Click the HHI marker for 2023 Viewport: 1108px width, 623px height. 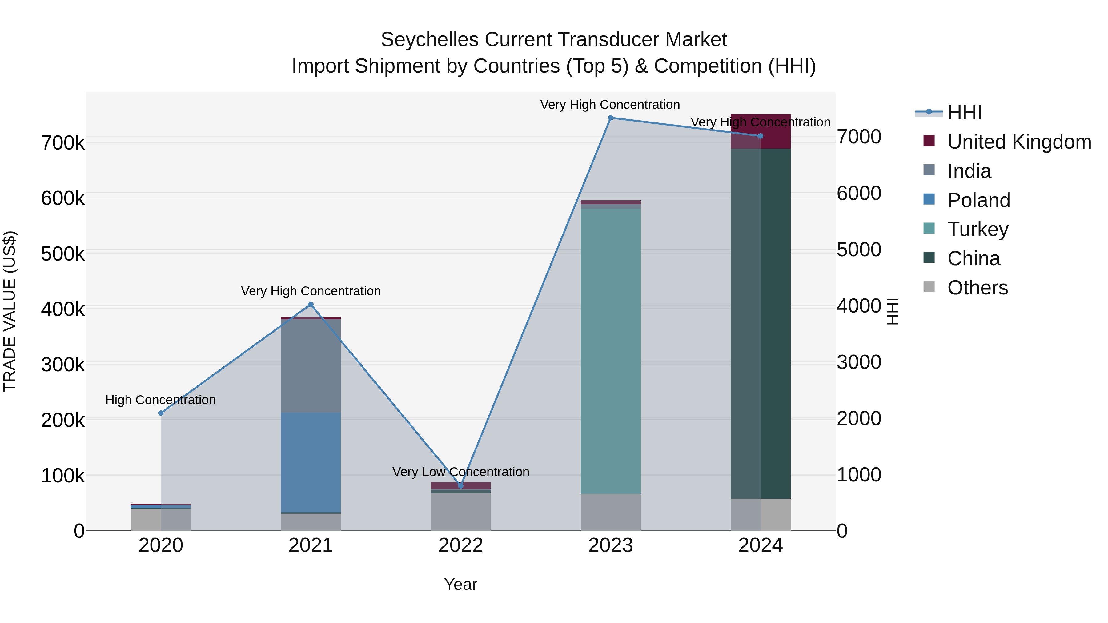click(x=610, y=118)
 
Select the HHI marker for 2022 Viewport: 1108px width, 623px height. click(x=461, y=485)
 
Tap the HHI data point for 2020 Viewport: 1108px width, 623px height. click(x=161, y=413)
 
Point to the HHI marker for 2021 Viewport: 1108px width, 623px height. click(x=311, y=305)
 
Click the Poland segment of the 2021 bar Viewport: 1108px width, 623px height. click(x=311, y=462)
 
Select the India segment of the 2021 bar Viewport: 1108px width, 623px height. click(x=311, y=365)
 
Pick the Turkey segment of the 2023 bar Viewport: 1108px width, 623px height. click(x=610, y=350)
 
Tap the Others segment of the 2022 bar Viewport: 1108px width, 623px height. click(x=461, y=512)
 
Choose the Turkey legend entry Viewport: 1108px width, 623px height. click(x=978, y=229)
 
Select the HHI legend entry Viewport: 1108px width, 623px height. click(x=964, y=113)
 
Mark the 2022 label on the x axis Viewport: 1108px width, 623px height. click(x=461, y=545)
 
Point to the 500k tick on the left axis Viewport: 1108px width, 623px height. click(x=63, y=254)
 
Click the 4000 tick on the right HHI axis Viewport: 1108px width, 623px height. click(x=858, y=306)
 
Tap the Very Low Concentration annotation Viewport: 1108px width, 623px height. click(x=461, y=472)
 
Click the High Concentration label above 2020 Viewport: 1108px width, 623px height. click(x=160, y=400)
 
